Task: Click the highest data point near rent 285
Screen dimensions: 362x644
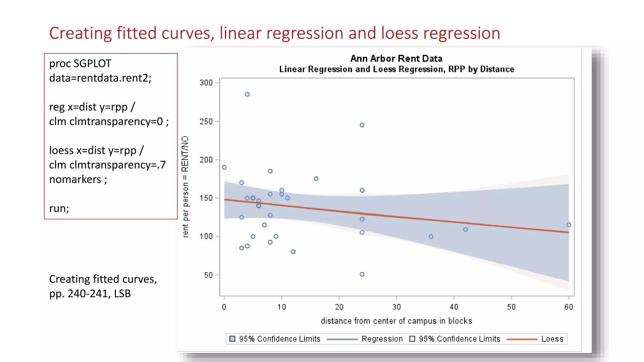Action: click(247, 94)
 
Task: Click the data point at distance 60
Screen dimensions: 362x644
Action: click(569, 225)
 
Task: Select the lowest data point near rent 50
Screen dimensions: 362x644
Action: click(362, 274)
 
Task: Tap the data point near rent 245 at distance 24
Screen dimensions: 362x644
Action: click(362, 125)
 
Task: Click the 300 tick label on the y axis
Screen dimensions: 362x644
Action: click(206, 83)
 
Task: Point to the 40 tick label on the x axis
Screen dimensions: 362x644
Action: click(454, 307)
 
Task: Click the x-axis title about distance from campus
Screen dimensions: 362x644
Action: click(396, 321)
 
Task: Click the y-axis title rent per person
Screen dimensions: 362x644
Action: click(185, 187)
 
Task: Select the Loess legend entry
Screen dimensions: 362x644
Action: click(552, 339)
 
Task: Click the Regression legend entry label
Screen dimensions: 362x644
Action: click(382, 339)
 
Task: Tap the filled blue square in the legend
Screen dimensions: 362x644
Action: click(232, 339)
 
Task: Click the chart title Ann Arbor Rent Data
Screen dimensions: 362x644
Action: click(396, 58)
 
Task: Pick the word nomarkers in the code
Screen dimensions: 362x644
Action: click(75, 179)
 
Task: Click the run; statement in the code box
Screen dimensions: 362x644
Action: click(59, 208)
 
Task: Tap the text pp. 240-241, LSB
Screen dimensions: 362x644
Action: click(90, 293)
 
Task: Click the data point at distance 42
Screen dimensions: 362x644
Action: click(465, 230)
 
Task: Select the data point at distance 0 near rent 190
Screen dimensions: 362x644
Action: click(224, 167)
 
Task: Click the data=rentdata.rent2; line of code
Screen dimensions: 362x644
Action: click(100, 78)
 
